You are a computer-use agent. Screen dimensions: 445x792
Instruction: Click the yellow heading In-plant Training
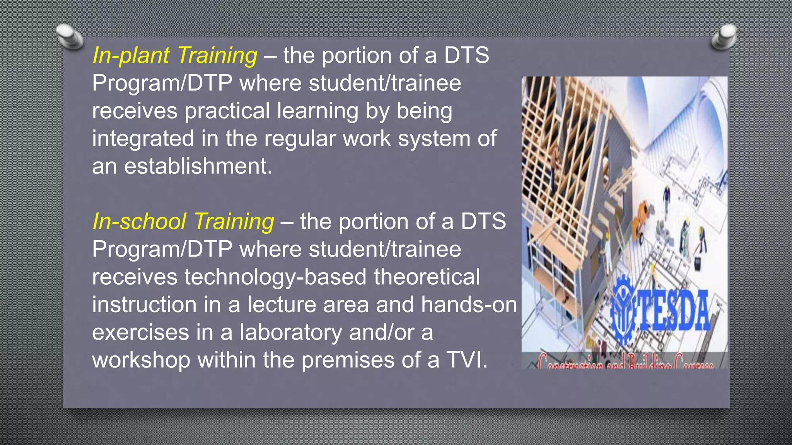[175, 56]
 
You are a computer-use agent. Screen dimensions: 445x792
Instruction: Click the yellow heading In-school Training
[183, 222]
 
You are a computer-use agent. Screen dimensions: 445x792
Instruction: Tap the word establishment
[198, 166]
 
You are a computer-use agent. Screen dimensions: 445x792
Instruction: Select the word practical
[227, 111]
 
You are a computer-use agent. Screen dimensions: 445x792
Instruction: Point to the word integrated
[143, 139]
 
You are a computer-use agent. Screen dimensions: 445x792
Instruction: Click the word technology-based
[275, 277]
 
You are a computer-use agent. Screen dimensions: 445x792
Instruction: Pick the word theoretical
[427, 277]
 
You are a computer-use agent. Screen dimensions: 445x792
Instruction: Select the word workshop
[141, 360]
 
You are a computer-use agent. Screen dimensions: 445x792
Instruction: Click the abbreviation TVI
[466, 360]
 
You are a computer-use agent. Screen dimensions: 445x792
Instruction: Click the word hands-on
[469, 305]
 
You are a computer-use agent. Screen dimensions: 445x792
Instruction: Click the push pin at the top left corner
[69, 37]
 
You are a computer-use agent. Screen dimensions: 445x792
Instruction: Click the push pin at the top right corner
[724, 37]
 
